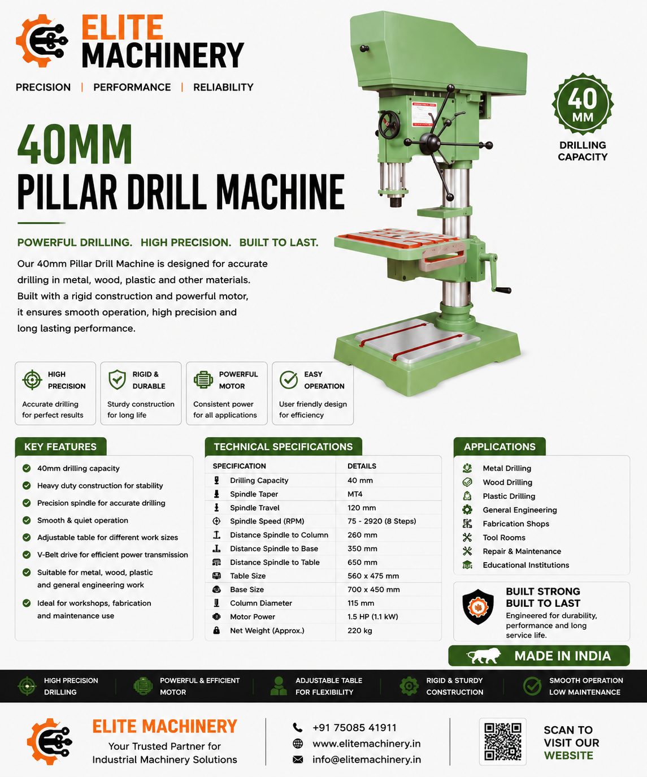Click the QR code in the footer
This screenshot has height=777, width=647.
[502, 741]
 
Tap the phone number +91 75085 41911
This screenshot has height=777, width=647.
[354, 727]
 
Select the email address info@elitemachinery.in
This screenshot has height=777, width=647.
[367, 759]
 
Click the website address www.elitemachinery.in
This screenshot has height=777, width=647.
[367, 744]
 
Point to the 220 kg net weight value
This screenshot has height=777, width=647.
[359, 631]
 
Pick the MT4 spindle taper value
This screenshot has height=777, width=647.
[355, 494]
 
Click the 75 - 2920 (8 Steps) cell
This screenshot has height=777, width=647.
[381, 521]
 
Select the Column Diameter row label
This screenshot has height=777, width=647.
[260, 603]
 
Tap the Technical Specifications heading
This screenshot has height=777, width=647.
[283, 447]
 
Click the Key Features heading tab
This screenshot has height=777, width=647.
[60, 447]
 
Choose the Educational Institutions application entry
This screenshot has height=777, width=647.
[526, 566]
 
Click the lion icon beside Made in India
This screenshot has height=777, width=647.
[483, 655]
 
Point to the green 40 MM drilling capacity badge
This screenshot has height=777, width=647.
[583, 104]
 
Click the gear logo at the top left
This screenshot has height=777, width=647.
[42, 41]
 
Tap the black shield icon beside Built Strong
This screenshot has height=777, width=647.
[478, 607]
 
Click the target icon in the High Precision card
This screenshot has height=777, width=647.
[32, 380]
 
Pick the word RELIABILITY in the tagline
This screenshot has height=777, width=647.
[223, 88]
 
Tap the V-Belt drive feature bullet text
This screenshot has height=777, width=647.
[112, 555]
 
